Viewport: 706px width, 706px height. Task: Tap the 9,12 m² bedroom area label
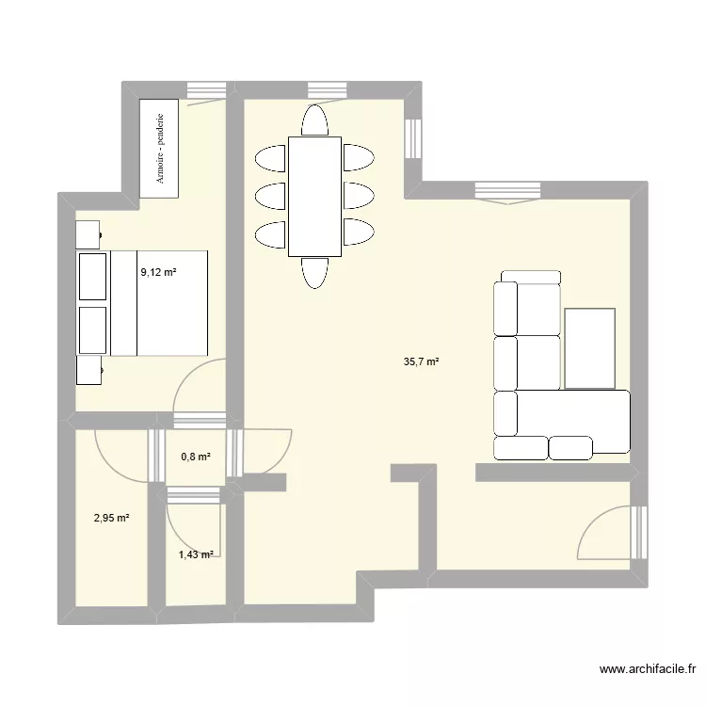tap(159, 272)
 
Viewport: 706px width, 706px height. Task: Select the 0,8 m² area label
tap(195, 457)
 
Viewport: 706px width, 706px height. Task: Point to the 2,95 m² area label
tap(111, 518)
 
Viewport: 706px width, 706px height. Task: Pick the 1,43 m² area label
tap(196, 555)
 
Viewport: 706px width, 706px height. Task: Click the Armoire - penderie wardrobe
tap(158, 148)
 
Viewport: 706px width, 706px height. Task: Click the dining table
tap(314, 196)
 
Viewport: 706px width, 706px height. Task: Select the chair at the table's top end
tap(314, 120)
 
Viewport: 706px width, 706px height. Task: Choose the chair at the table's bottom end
tap(314, 272)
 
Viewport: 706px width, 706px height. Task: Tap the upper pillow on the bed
tap(93, 275)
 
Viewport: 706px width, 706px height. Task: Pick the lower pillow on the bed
tap(93, 329)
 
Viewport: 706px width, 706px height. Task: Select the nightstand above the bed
tap(88, 233)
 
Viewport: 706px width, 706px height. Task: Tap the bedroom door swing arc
tap(197, 386)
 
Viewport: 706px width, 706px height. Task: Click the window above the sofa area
tap(507, 191)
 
